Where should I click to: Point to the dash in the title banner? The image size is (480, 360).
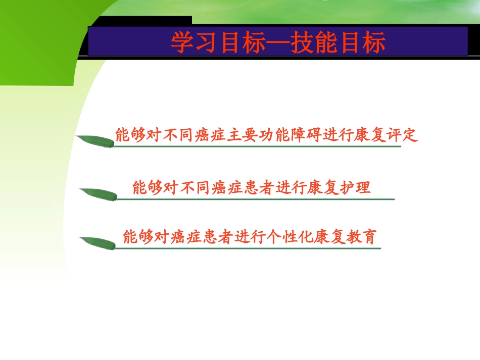click(x=278, y=43)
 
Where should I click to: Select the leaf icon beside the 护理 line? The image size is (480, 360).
click(x=98, y=194)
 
